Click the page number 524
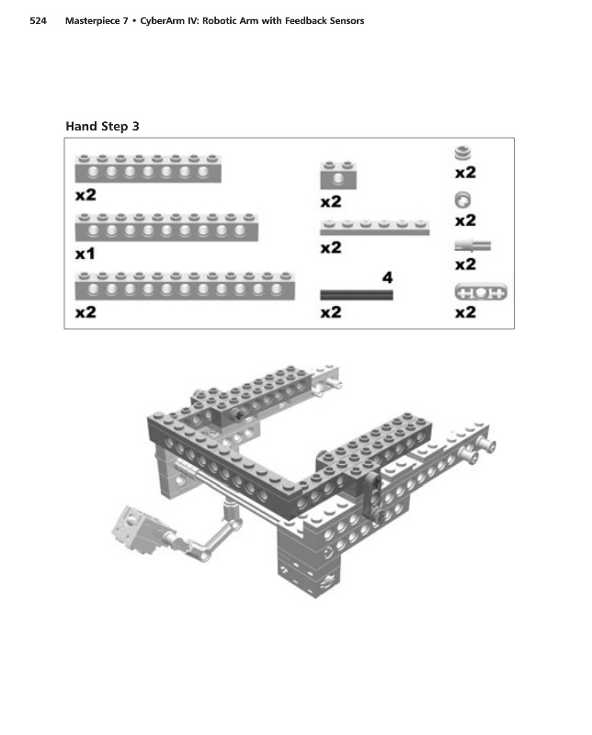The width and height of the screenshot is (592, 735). click(38, 20)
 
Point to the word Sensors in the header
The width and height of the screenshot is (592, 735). click(341, 20)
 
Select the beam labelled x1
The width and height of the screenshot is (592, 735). click(166, 227)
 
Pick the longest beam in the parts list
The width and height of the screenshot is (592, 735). click(185, 286)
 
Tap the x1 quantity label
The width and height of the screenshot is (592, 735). click(85, 254)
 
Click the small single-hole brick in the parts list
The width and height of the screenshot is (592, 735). click(338, 174)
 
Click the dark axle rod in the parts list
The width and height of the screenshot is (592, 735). click(356, 295)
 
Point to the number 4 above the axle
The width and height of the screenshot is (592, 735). click(387, 277)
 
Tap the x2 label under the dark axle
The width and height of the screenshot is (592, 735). click(331, 313)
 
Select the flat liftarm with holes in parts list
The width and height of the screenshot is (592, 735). click(481, 292)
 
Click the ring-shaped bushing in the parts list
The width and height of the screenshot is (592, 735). click(464, 198)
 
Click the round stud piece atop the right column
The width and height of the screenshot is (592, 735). click(464, 153)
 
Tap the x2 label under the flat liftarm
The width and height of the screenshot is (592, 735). click(465, 313)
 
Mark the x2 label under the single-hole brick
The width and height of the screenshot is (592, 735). click(331, 202)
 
